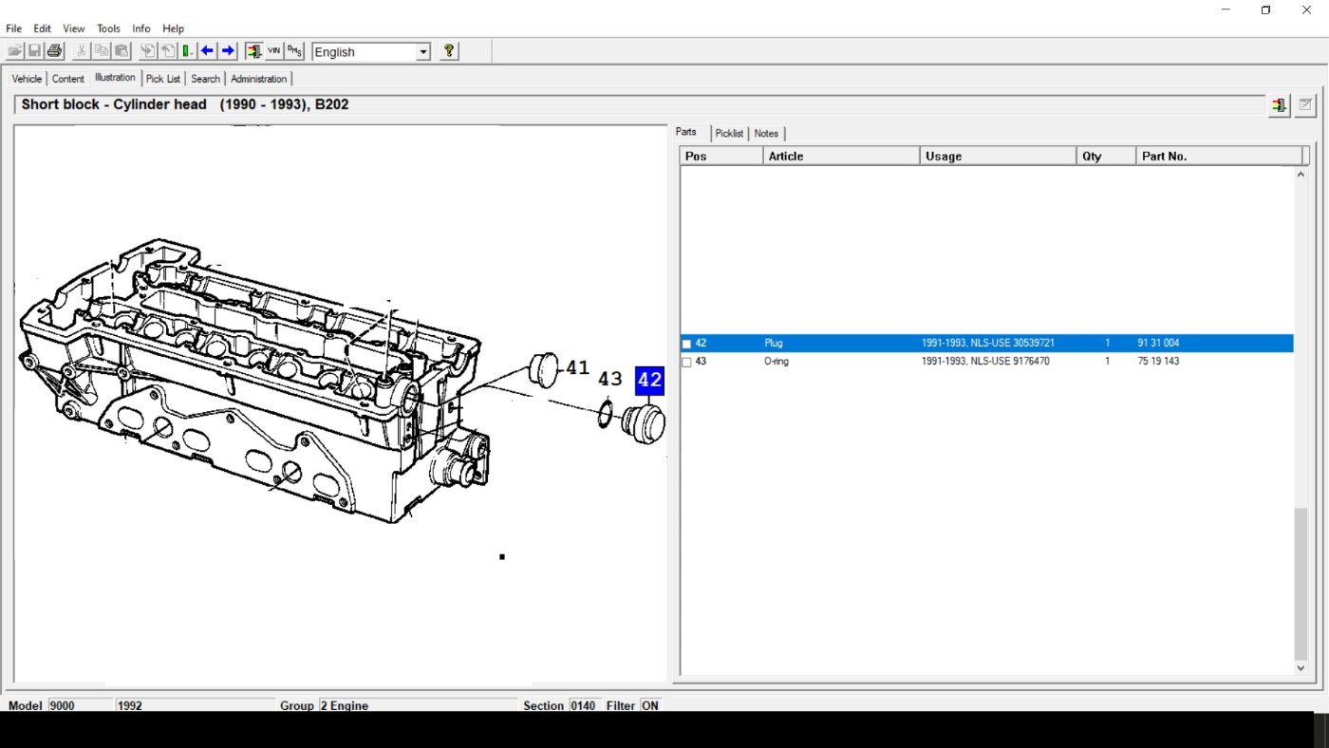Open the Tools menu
pos(108,28)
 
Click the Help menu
pos(173,28)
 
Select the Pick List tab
pos(162,79)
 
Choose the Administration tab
pos(258,79)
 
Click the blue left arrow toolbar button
pos(207,51)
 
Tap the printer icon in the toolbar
pos(55,51)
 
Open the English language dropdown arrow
pos(423,52)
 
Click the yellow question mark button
pos(449,51)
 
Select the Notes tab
pos(766,134)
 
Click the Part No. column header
pos(1164,156)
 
